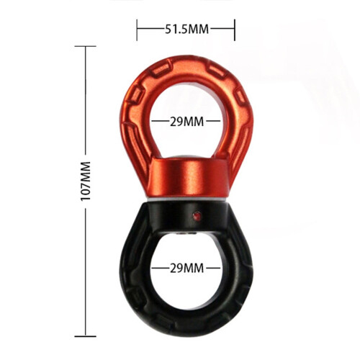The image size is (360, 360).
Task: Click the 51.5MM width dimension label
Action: click(x=186, y=30)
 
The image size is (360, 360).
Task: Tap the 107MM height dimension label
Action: click(x=86, y=181)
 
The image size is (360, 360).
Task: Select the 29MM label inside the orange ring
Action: click(x=187, y=122)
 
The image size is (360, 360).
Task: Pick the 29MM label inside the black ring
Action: click(x=187, y=268)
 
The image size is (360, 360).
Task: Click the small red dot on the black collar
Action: click(x=197, y=216)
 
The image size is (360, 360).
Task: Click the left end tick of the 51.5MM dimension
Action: click(x=137, y=30)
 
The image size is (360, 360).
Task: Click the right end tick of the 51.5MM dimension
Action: click(x=235, y=30)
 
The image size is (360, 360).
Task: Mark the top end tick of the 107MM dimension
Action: click(x=86, y=46)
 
